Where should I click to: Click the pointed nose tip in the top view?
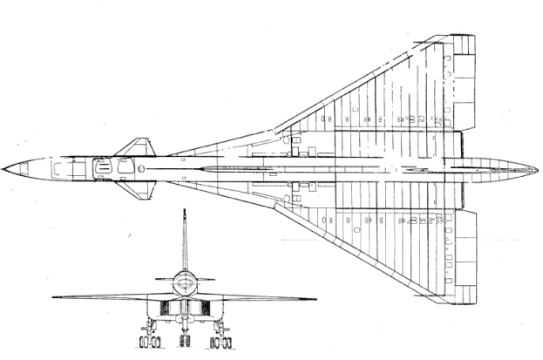(x=4, y=166)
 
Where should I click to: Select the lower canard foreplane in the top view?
(x=131, y=185)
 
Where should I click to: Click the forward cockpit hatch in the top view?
(x=103, y=166)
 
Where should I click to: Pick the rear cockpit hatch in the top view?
(x=124, y=166)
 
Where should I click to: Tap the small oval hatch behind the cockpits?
(x=141, y=166)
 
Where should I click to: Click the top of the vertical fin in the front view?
(x=184, y=212)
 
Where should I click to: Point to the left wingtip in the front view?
(x=55, y=297)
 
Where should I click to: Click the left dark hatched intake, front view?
(x=166, y=307)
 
